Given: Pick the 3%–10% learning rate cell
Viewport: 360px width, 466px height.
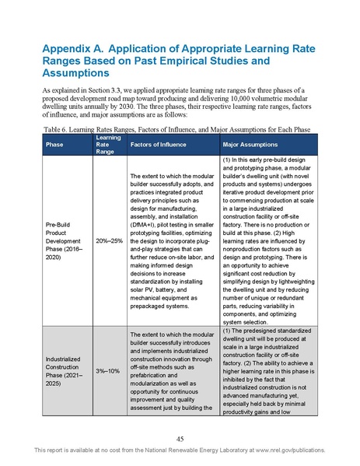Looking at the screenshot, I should [108, 371].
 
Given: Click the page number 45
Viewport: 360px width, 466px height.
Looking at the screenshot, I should [179, 437].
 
